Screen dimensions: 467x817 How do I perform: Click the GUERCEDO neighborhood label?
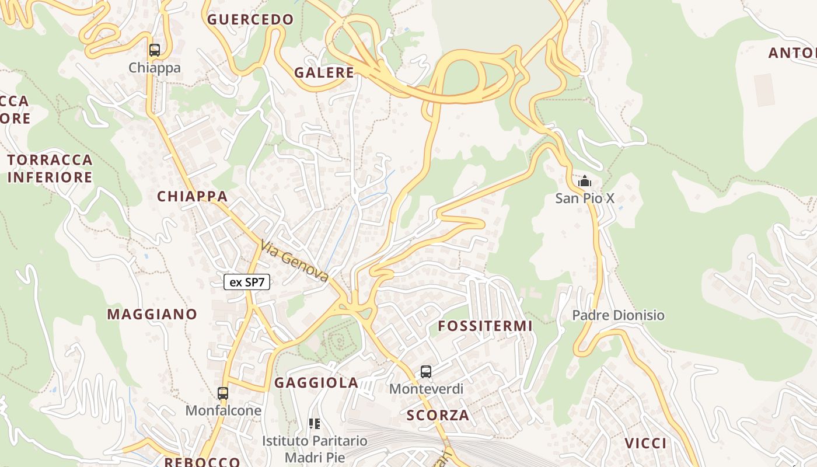click(250, 19)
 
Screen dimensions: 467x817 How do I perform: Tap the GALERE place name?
click(324, 72)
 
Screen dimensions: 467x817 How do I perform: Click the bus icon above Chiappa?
click(154, 50)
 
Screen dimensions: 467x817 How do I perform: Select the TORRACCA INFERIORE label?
click(50, 168)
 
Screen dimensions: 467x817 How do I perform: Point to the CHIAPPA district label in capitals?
click(192, 196)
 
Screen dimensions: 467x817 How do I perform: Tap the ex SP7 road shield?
click(247, 283)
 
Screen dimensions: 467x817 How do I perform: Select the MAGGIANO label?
click(152, 314)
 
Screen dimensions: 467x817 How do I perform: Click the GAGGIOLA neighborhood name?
click(316, 383)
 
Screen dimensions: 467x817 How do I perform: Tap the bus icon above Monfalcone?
click(222, 393)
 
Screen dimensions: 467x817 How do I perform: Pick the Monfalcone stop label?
click(223, 410)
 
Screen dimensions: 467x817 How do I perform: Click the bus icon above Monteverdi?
click(426, 372)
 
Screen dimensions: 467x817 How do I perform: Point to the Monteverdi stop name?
click(426, 389)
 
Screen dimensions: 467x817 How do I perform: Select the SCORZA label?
click(438, 415)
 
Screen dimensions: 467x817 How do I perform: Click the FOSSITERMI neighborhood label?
click(486, 326)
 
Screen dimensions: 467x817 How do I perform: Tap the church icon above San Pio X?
click(584, 182)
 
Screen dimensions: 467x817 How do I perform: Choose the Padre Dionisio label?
click(618, 315)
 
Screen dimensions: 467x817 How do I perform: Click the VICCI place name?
click(645, 443)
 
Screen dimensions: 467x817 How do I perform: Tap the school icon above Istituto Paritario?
click(315, 424)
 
